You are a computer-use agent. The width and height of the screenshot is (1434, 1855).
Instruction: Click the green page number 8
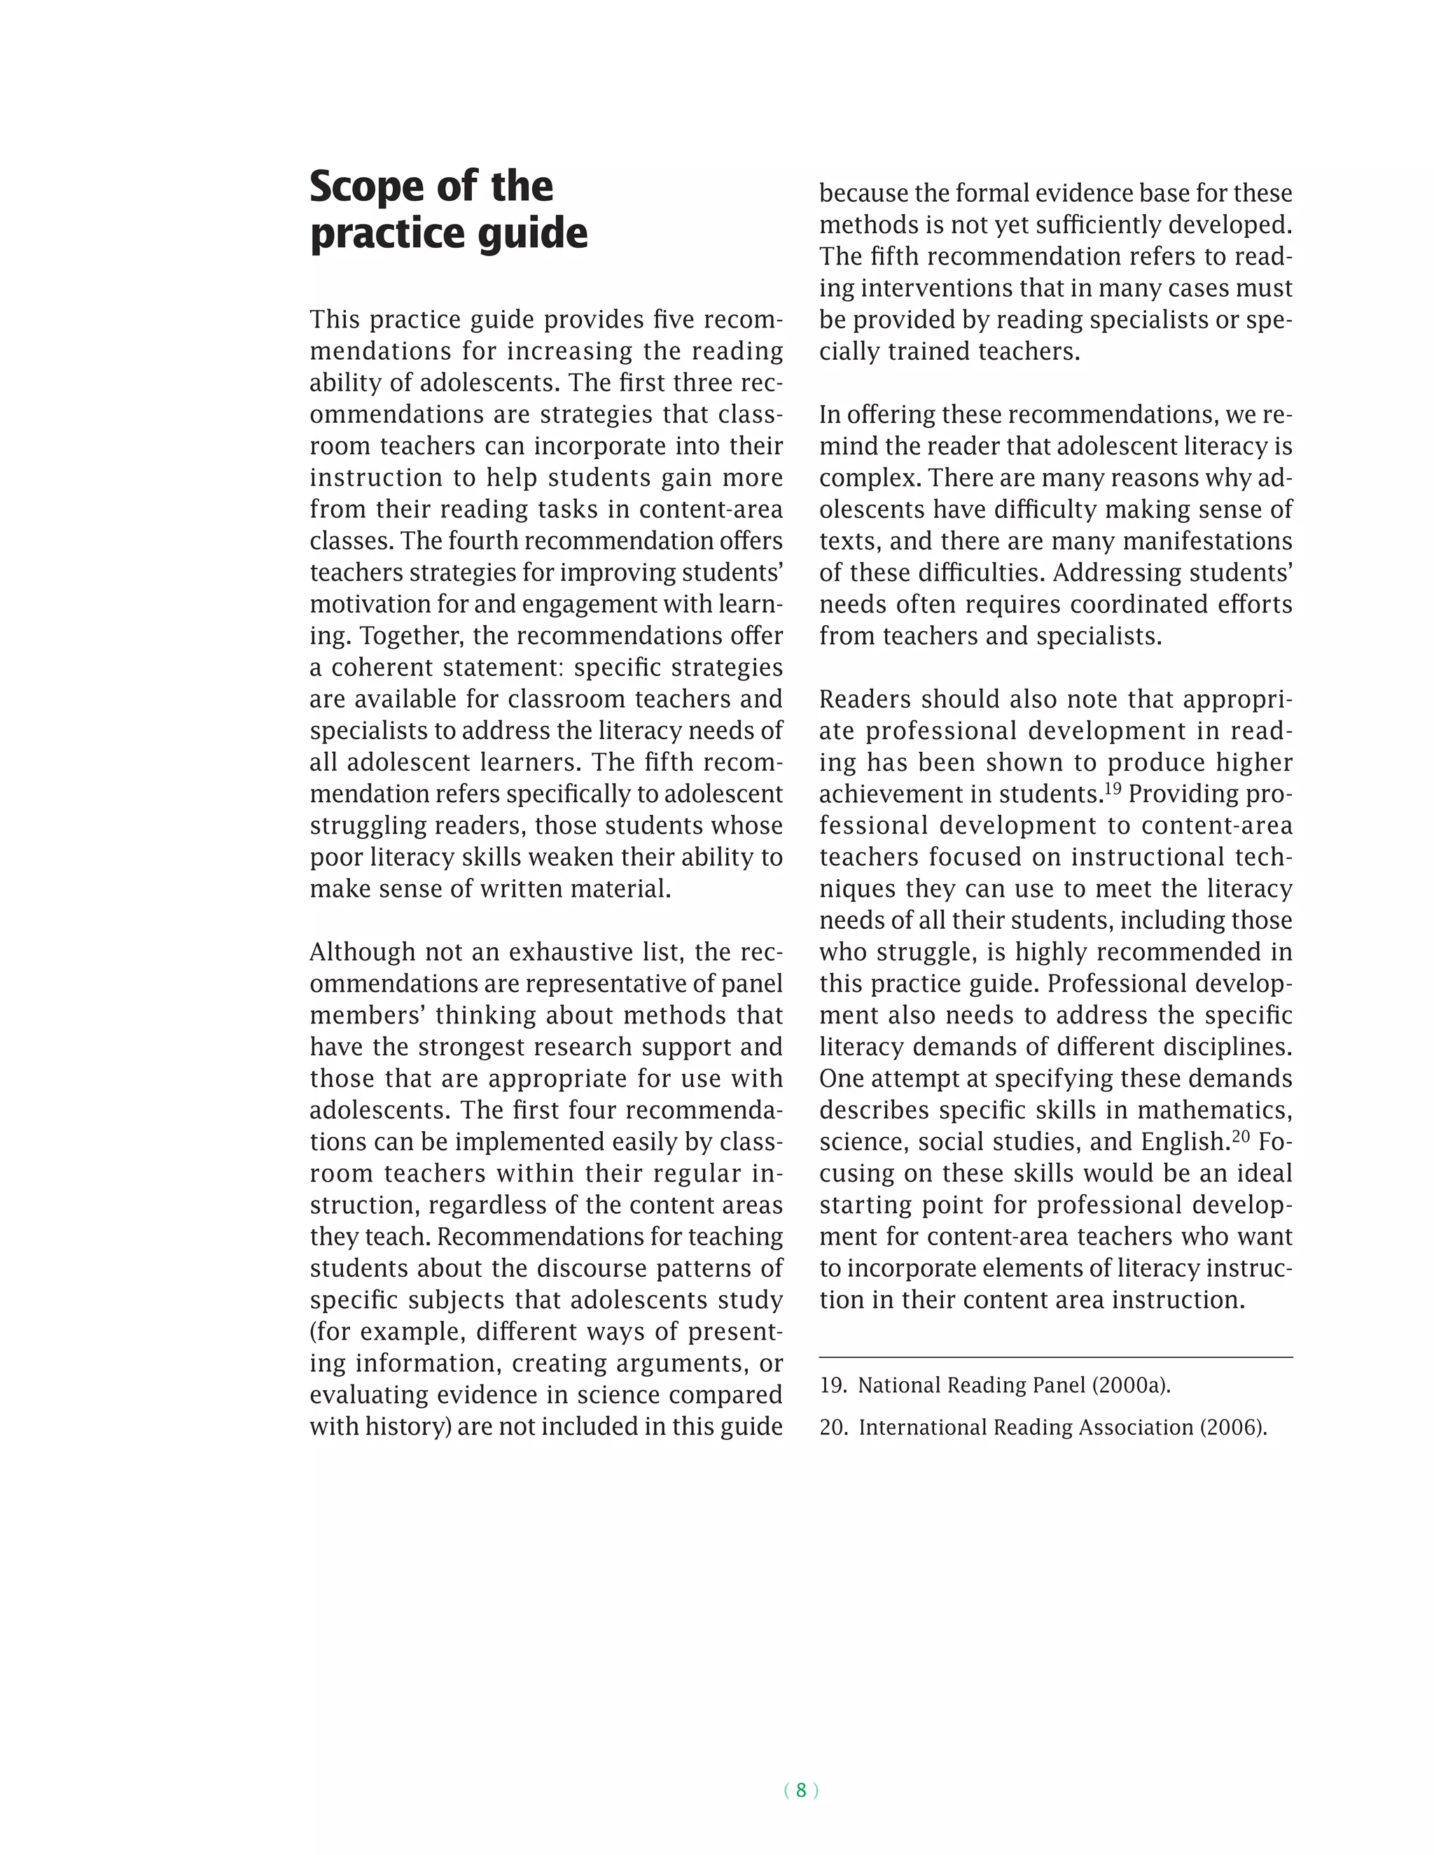(800, 1790)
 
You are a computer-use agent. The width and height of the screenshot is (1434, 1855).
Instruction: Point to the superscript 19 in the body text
(1112, 789)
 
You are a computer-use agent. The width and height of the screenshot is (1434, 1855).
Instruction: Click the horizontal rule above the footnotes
(1055, 1357)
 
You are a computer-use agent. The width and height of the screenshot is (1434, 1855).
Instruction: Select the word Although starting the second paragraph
(362, 952)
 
